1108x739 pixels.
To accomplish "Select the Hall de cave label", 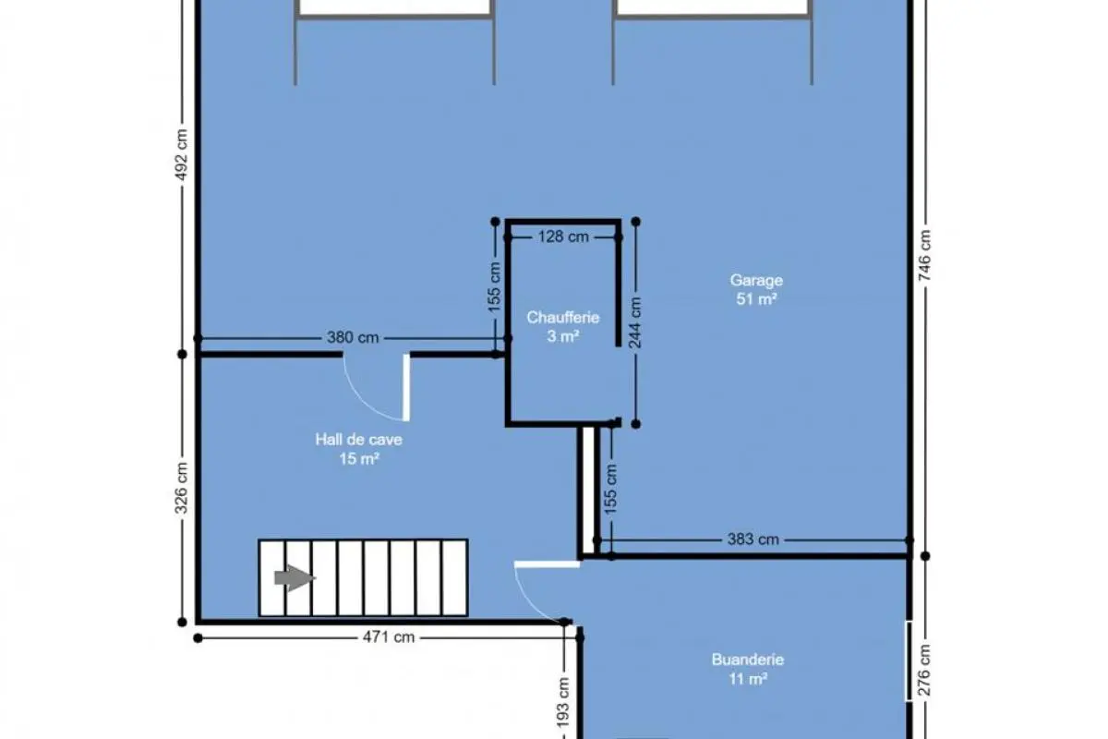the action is click(358, 440).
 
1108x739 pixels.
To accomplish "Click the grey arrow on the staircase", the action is click(295, 577).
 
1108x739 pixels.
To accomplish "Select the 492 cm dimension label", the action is click(182, 155).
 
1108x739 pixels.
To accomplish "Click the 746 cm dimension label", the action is click(925, 255).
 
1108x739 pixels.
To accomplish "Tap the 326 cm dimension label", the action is click(182, 488).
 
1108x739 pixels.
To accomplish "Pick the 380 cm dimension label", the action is click(353, 337).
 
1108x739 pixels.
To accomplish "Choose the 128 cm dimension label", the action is click(563, 236).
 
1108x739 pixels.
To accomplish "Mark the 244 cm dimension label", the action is click(635, 322).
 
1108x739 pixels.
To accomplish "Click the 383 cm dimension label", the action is click(753, 539).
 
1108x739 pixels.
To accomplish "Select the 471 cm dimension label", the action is click(389, 637).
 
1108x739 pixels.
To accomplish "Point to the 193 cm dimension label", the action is click(563, 703).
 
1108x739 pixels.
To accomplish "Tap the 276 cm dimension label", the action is click(925, 670).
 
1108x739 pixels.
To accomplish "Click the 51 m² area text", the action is click(756, 299).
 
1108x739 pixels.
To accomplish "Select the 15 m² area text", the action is click(359, 459).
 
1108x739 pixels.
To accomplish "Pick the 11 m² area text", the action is click(748, 679).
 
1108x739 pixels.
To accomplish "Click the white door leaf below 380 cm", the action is click(406, 388).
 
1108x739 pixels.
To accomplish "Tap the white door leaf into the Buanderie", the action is click(547, 564).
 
